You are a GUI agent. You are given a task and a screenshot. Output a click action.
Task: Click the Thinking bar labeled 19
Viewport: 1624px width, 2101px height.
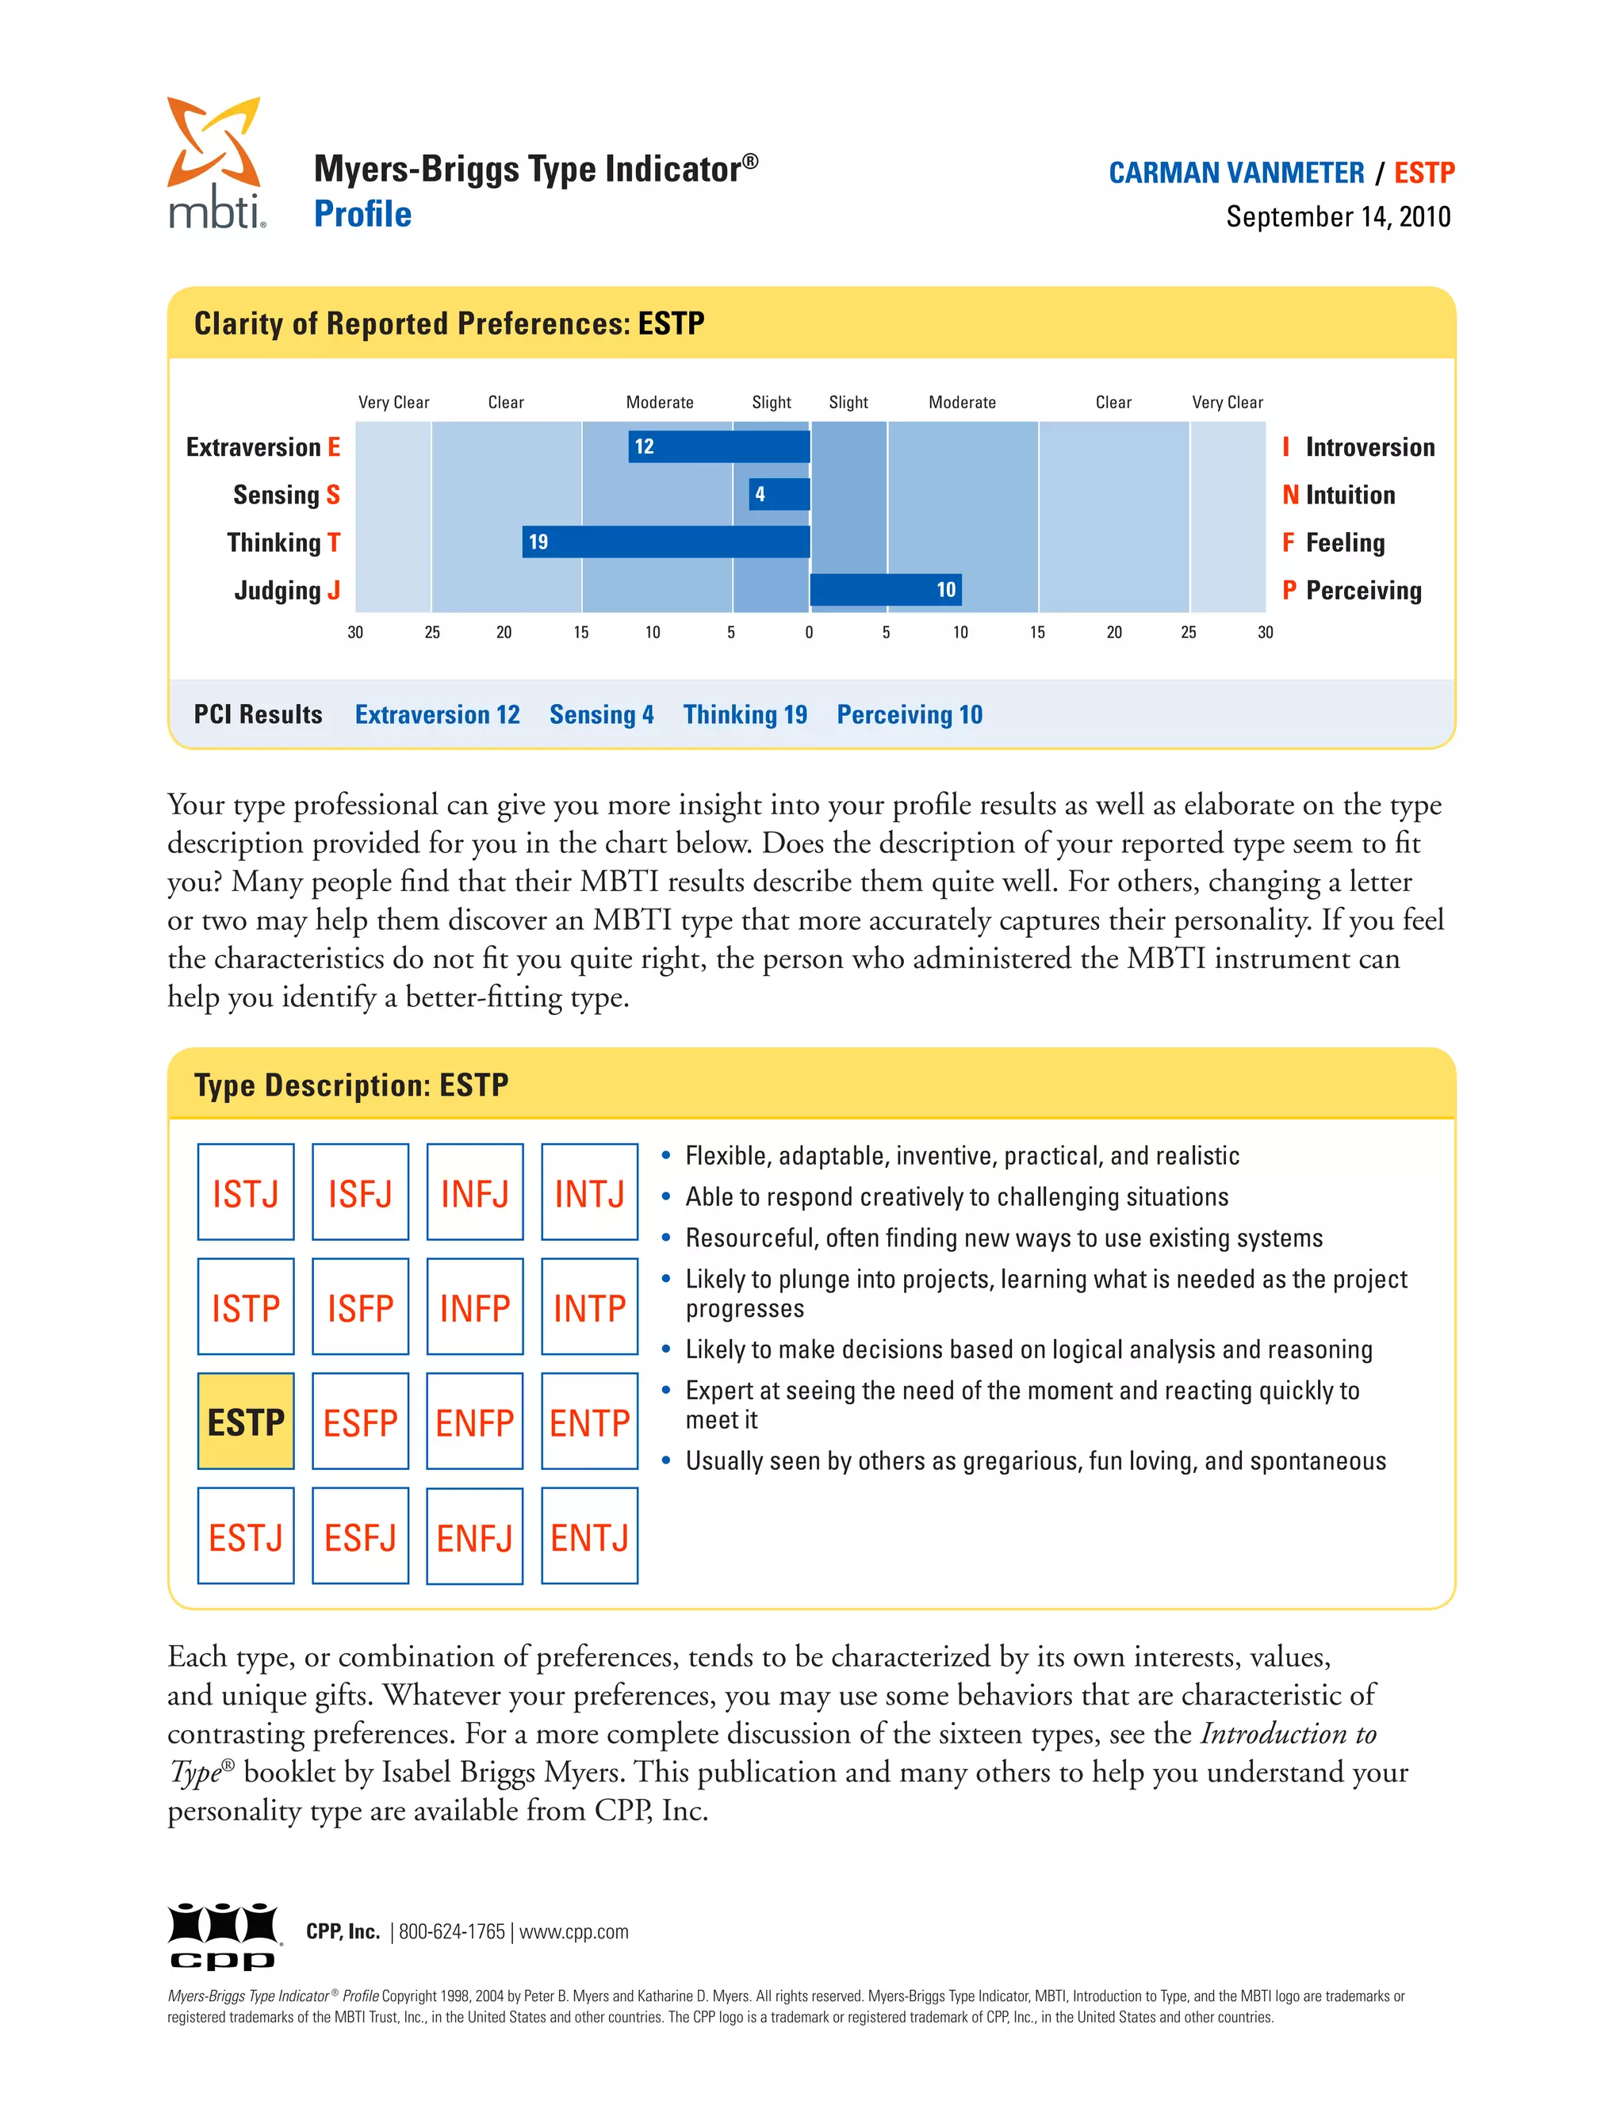coord(666,542)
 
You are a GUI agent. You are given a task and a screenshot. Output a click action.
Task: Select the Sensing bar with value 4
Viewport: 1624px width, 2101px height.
coord(779,495)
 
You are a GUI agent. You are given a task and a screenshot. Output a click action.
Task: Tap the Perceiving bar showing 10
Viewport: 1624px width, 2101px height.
coord(885,590)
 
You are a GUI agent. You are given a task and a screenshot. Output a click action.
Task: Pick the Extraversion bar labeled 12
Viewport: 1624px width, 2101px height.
coord(718,446)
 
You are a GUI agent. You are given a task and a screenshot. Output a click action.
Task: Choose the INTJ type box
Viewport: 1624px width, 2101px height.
coord(589,1192)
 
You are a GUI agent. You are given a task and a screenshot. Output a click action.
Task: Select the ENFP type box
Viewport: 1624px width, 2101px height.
coord(474,1421)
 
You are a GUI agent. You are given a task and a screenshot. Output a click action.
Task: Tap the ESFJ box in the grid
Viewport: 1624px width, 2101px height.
coord(360,1536)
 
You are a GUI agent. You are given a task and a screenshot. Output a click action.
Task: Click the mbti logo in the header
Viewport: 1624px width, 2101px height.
coord(216,163)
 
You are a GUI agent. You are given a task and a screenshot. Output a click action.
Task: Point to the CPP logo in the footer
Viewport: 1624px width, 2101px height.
coord(224,1935)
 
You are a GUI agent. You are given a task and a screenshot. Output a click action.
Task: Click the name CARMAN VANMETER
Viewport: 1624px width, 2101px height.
coord(1235,173)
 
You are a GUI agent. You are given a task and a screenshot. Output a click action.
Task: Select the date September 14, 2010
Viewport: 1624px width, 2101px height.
coord(1337,217)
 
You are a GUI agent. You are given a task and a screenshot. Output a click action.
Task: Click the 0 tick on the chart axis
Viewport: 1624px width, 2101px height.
coord(809,632)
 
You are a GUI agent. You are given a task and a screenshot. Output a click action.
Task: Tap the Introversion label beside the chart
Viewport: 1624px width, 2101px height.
coord(1369,447)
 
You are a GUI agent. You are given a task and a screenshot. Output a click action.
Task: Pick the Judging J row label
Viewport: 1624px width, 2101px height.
coord(287,590)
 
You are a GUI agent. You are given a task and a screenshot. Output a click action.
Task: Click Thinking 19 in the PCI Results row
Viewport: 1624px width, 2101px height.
coord(745,715)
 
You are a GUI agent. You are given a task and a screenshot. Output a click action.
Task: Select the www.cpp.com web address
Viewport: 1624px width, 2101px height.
coord(573,1931)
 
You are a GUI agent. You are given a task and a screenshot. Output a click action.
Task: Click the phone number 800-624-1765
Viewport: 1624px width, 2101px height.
coord(451,1931)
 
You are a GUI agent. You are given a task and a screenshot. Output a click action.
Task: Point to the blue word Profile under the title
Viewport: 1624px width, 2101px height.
coord(362,215)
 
